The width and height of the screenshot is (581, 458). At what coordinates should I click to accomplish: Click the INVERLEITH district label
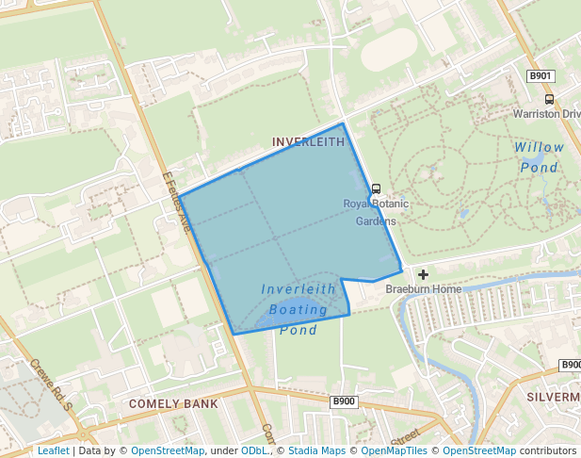click(x=308, y=142)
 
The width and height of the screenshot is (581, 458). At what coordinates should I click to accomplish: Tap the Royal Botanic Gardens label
click(x=376, y=212)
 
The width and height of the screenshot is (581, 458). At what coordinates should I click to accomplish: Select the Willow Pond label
click(x=540, y=157)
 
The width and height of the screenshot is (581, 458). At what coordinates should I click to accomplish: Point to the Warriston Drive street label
click(x=547, y=114)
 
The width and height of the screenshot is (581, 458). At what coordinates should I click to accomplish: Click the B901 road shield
click(x=540, y=75)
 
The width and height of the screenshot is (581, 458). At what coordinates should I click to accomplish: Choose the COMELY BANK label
click(x=173, y=404)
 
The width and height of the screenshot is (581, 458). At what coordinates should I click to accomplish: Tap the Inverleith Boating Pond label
click(x=299, y=309)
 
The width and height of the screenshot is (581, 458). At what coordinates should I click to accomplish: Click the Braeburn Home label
click(x=423, y=289)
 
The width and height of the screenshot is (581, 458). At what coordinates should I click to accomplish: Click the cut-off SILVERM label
click(x=554, y=397)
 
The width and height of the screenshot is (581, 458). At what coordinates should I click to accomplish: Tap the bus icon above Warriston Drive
click(x=549, y=99)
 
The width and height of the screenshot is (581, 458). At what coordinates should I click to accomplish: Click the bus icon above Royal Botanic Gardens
click(x=376, y=188)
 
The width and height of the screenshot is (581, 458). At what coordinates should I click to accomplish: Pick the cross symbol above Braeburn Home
click(x=423, y=274)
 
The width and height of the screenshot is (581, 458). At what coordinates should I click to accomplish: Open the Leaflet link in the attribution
click(x=53, y=450)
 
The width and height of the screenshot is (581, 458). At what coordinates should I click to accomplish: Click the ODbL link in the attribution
click(x=254, y=450)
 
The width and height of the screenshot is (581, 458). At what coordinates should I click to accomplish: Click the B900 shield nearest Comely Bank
click(x=344, y=401)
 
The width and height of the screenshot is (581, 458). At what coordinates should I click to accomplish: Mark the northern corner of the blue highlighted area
click(x=342, y=123)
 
